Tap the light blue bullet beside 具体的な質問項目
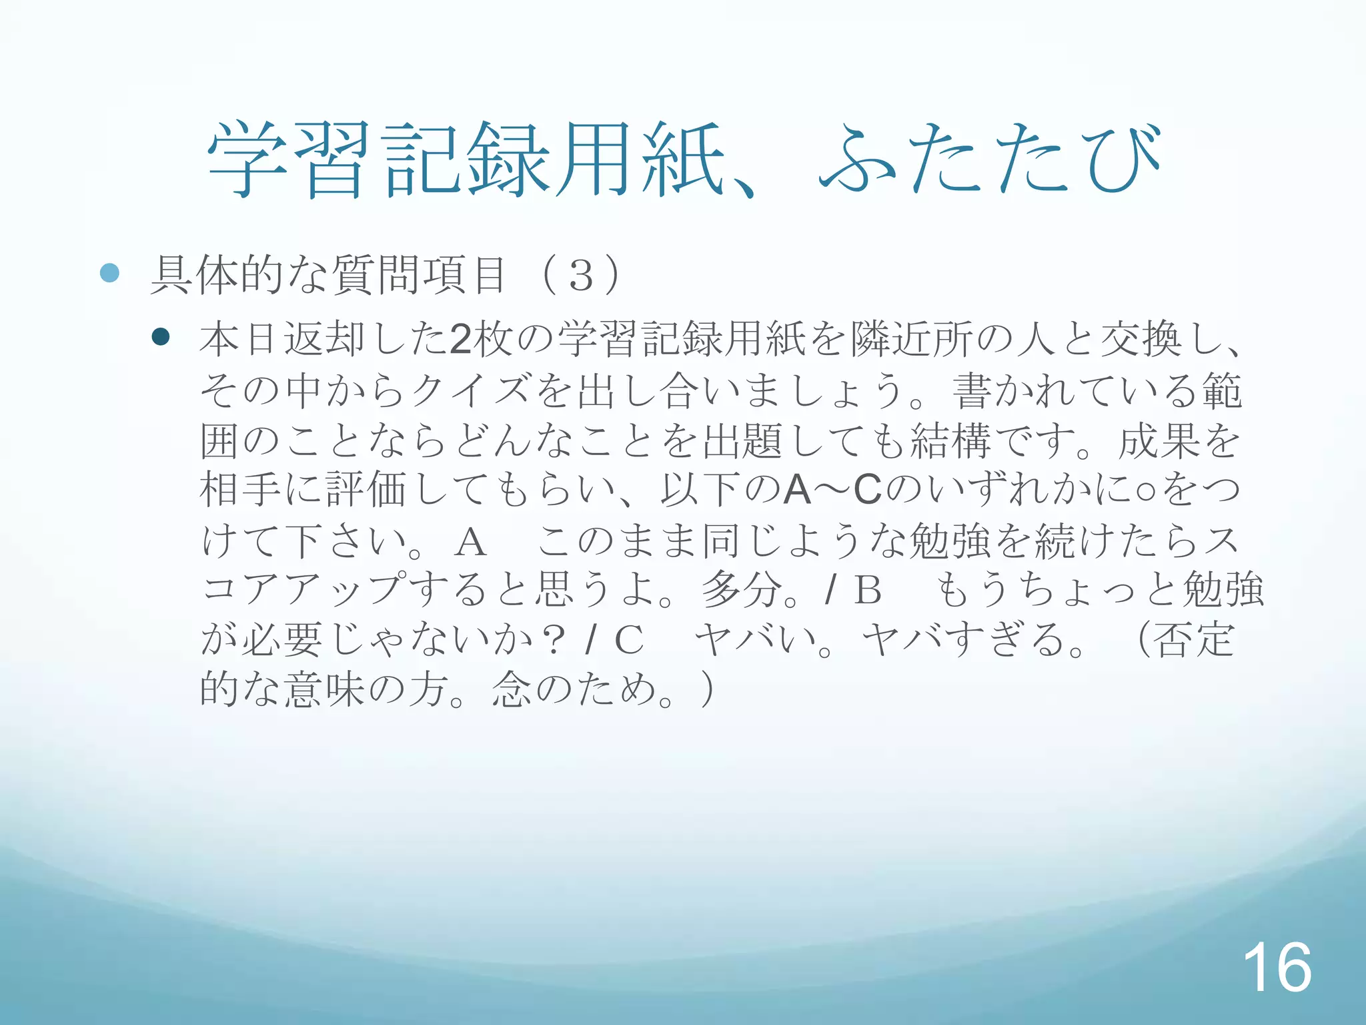coord(109,272)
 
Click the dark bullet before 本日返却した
coord(161,336)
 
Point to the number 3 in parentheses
coord(581,275)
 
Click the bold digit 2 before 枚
coord(460,339)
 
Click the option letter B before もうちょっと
coord(868,590)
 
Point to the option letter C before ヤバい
coord(628,640)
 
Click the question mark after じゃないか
coord(553,640)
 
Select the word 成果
coord(1158,440)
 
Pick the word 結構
coord(950,440)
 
